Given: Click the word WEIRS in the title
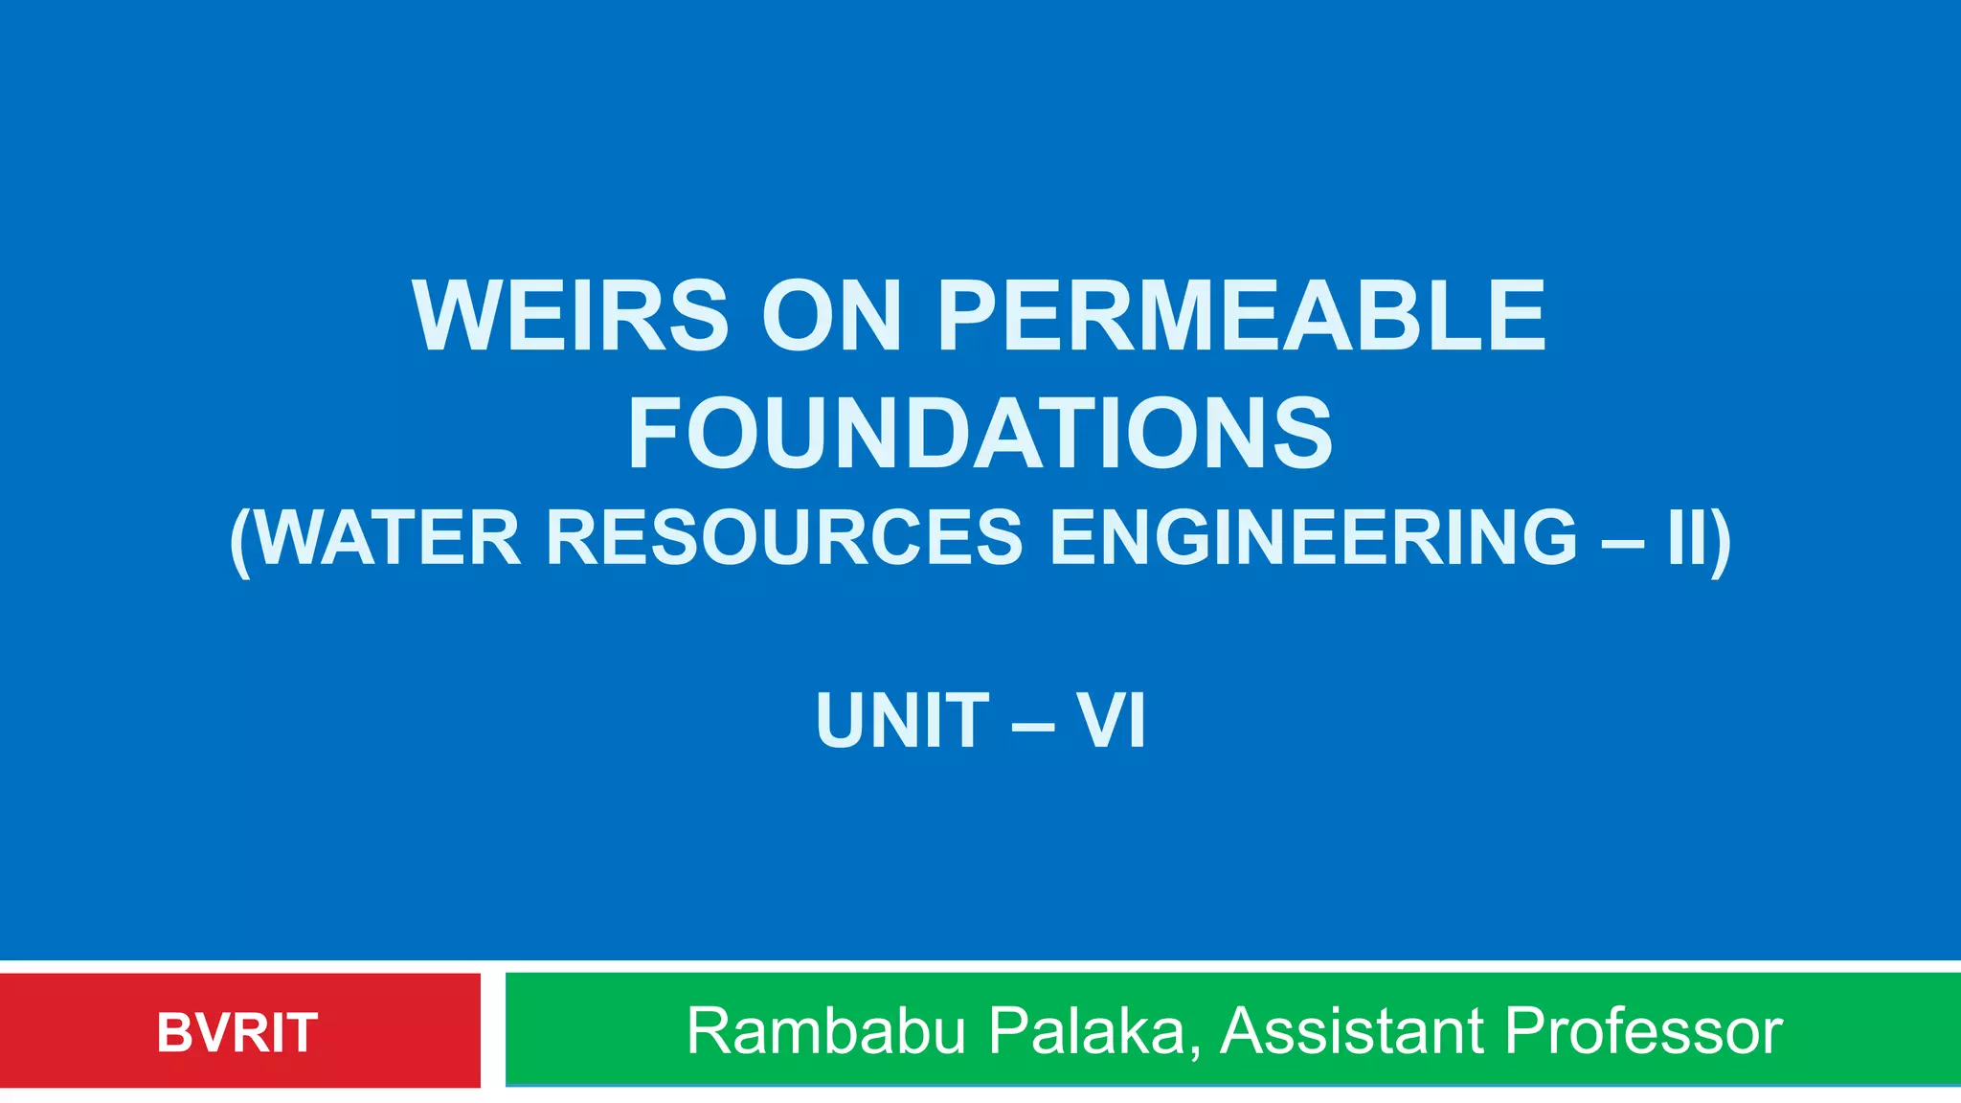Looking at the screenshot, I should pyautogui.click(x=571, y=315).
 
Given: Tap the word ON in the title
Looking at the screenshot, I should pyautogui.click(x=831, y=315).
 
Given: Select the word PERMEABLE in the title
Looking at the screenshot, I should pyautogui.click(x=1241, y=315).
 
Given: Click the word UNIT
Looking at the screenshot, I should pyautogui.click(x=902, y=720).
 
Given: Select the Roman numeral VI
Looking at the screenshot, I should pyautogui.click(x=1111, y=720).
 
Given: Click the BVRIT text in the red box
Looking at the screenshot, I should pyautogui.click(x=237, y=1032).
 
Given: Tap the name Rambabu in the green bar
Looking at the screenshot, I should pyautogui.click(x=826, y=1031).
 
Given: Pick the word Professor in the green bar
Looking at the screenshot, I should pyautogui.click(x=1643, y=1031).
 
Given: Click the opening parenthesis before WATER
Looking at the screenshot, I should pyautogui.click(x=239, y=541).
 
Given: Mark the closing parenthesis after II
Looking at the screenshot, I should pyautogui.click(x=1722, y=541).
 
